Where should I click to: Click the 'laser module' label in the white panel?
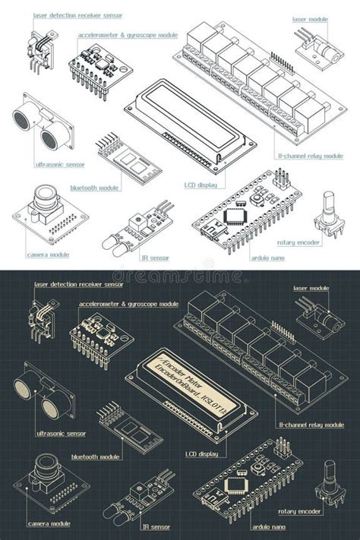[310, 18]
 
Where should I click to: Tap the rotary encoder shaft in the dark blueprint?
[330, 470]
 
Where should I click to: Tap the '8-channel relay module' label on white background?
[311, 156]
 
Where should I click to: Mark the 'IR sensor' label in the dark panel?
[155, 526]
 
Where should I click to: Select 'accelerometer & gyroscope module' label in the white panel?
[128, 35]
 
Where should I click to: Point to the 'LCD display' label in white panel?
[201, 185]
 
